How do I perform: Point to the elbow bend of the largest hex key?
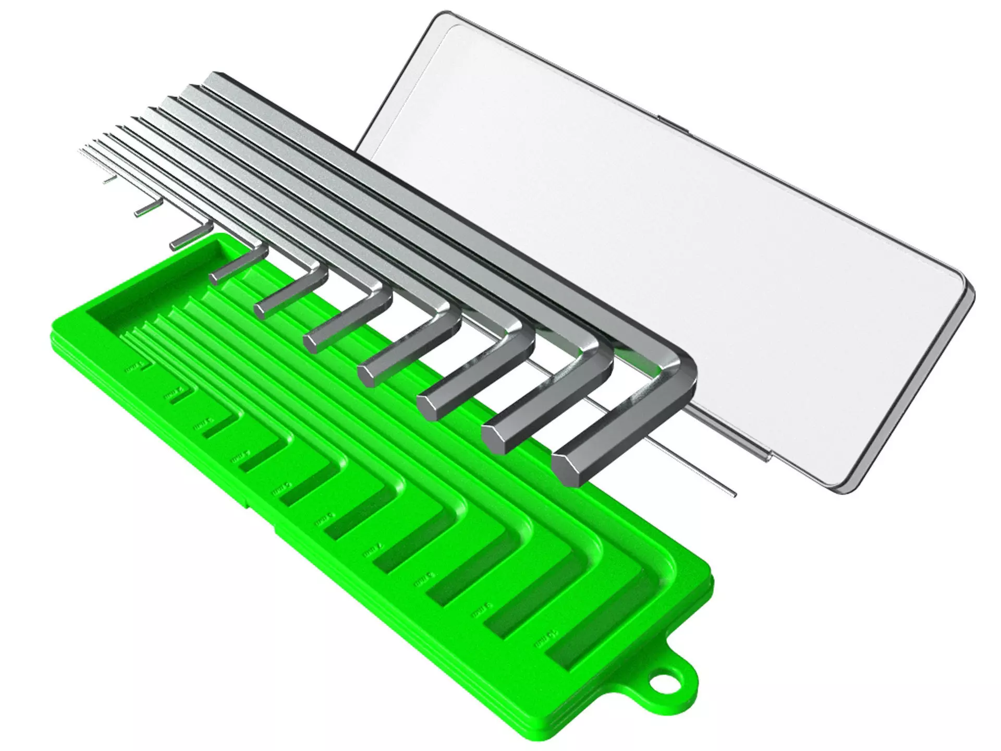678,373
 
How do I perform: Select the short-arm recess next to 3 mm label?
214,428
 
